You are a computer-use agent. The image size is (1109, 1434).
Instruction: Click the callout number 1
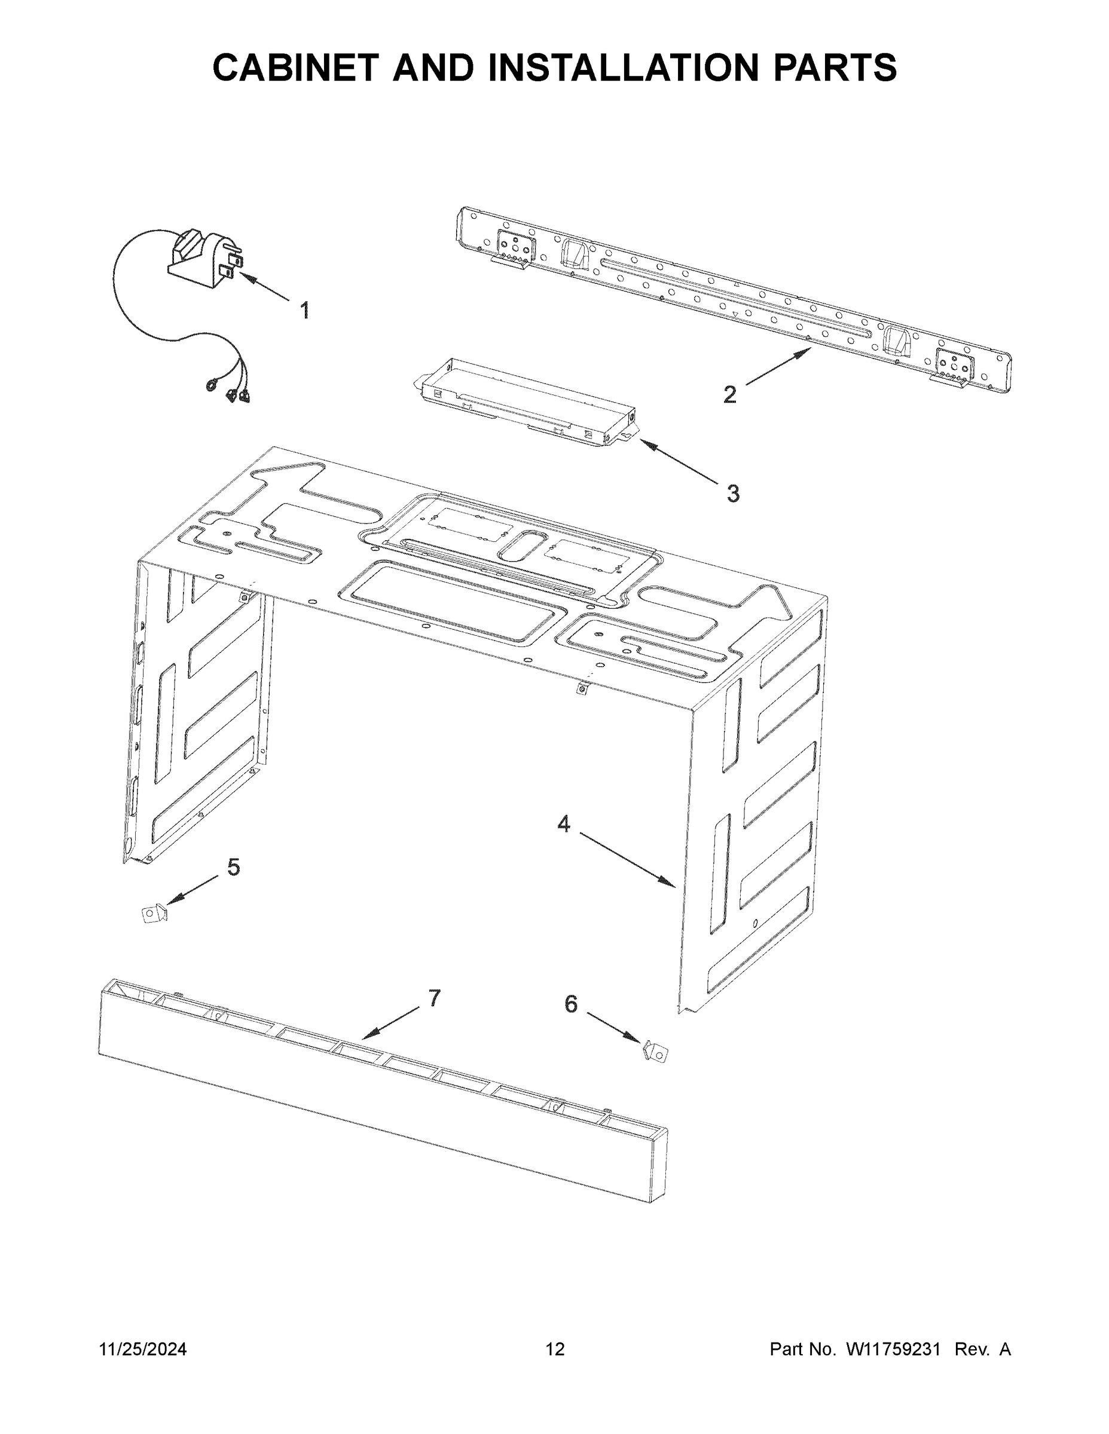tap(304, 310)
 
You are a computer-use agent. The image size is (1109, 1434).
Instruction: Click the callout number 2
tap(729, 394)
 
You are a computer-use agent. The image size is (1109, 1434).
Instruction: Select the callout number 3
tap(732, 492)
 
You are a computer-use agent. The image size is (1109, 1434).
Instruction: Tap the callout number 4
tap(564, 823)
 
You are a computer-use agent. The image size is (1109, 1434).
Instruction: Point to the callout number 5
tap(234, 868)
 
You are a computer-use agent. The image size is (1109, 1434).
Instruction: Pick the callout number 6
tap(571, 1003)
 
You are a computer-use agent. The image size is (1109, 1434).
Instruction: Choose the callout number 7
tap(434, 997)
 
